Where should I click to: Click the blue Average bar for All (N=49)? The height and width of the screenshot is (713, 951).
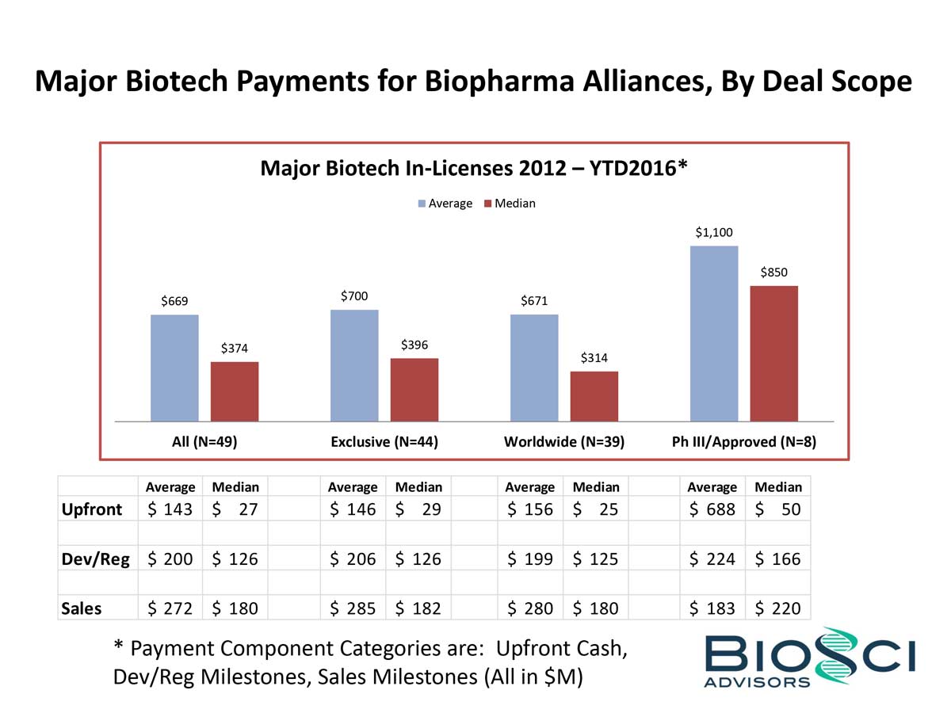point(174,368)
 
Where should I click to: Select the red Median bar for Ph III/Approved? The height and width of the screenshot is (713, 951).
point(773,353)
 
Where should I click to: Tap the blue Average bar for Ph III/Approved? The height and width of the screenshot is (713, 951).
point(714,333)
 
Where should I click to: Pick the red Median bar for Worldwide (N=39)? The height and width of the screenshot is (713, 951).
point(594,395)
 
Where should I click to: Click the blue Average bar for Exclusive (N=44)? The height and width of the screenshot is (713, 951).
point(354,364)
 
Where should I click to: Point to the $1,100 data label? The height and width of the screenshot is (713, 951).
point(714,232)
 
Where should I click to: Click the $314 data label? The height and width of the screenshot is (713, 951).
point(594,358)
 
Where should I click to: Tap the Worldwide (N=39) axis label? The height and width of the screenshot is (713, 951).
point(564,442)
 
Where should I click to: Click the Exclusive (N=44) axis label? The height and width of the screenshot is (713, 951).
point(384,442)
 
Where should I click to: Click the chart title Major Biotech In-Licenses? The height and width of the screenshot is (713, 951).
point(473,168)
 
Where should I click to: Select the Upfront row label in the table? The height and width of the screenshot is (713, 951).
point(92,509)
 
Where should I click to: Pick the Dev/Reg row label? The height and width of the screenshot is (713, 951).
point(96,559)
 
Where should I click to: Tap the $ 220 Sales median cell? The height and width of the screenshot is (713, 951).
point(777,608)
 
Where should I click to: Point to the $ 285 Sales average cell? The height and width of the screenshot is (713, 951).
point(353,608)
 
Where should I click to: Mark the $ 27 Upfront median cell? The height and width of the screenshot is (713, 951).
point(235,509)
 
